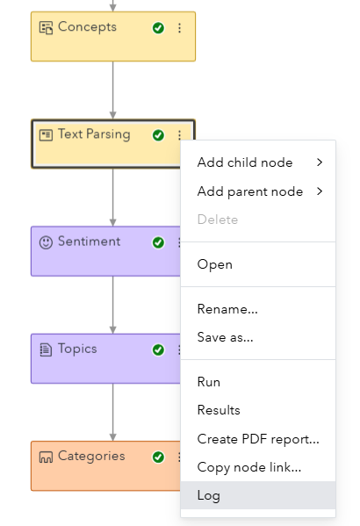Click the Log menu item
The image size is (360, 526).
click(x=209, y=495)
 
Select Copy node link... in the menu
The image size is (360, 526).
click(x=249, y=467)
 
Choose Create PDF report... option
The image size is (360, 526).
click(x=258, y=439)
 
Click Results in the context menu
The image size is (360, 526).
click(x=219, y=410)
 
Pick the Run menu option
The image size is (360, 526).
click(x=209, y=382)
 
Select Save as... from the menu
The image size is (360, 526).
click(x=226, y=337)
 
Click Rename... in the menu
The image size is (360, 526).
click(x=227, y=309)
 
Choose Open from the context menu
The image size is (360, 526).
click(x=215, y=264)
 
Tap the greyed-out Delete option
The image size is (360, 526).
click(x=218, y=220)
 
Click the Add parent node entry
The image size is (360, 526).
click(x=250, y=191)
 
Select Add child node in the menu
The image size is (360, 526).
click(x=245, y=162)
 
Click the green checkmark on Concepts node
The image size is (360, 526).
click(x=158, y=28)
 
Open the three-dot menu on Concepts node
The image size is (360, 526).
click(x=180, y=28)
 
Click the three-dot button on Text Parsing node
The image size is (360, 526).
click(x=180, y=135)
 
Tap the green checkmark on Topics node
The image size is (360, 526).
click(x=158, y=349)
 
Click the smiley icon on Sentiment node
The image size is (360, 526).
click(x=46, y=241)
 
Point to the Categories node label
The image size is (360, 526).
click(x=91, y=457)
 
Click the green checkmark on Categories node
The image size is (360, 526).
click(x=158, y=458)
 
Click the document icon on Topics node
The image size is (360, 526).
click(x=46, y=349)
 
